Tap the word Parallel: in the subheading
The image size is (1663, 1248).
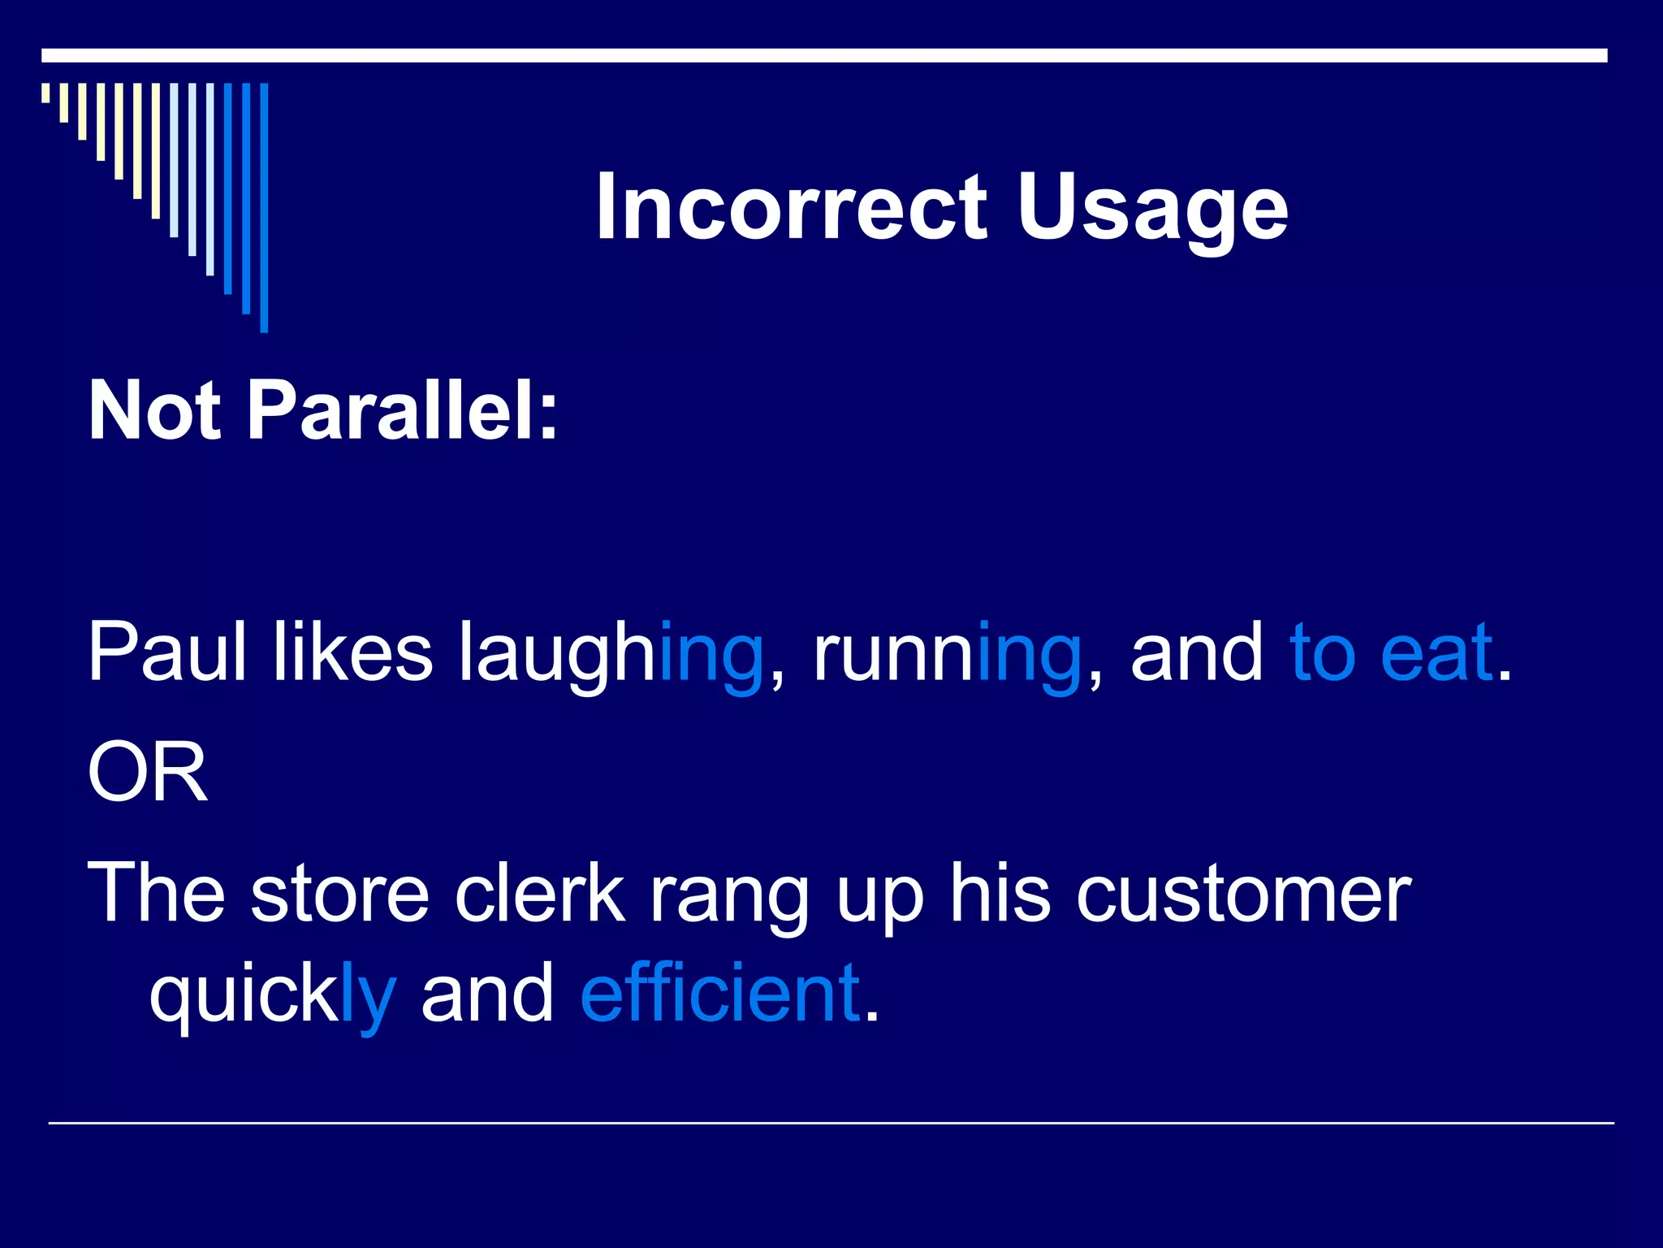[403, 411]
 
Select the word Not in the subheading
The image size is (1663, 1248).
[154, 411]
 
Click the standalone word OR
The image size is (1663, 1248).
[147, 773]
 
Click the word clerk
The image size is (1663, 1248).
[540, 894]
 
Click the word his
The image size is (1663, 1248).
[1000, 894]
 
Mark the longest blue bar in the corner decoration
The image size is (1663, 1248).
[264, 207]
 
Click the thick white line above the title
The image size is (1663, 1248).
[824, 55]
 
